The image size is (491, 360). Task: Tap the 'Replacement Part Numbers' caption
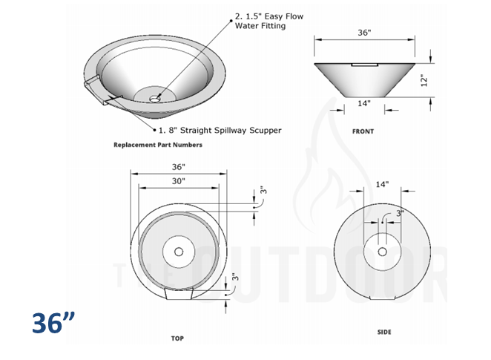(x=157, y=145)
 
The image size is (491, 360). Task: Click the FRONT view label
(x=363, y=131)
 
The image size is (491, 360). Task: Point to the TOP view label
(x=177, y=338)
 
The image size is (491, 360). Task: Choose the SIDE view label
(x=383, y=332)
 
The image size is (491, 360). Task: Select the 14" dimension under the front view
(x=363, y=104)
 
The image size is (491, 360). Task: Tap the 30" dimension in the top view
(x=178, y=180)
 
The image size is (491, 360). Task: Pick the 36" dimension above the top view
(x=178, y=167)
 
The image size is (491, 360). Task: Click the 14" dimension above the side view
(x=381, y=183)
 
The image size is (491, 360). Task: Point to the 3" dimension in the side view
(x=400, y=213)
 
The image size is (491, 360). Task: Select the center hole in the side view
(x=382, y=252)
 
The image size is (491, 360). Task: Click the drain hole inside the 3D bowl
(x=155, y=97)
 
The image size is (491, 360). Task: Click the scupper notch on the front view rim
(x=363, y=65)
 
